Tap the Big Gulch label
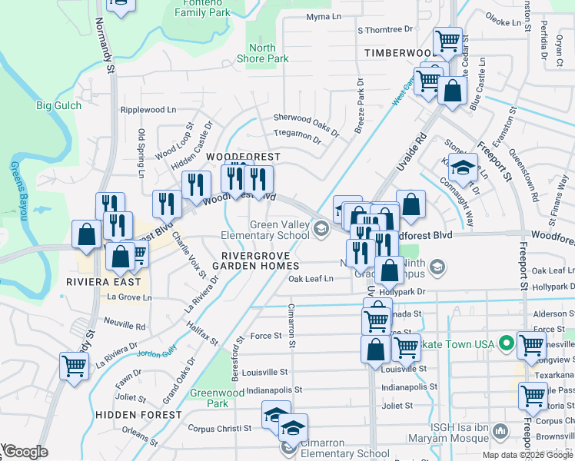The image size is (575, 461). (x=58, y=105)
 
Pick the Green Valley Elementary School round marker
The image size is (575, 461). (x=321, y=226)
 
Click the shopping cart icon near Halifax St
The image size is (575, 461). (x=74, y=366)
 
